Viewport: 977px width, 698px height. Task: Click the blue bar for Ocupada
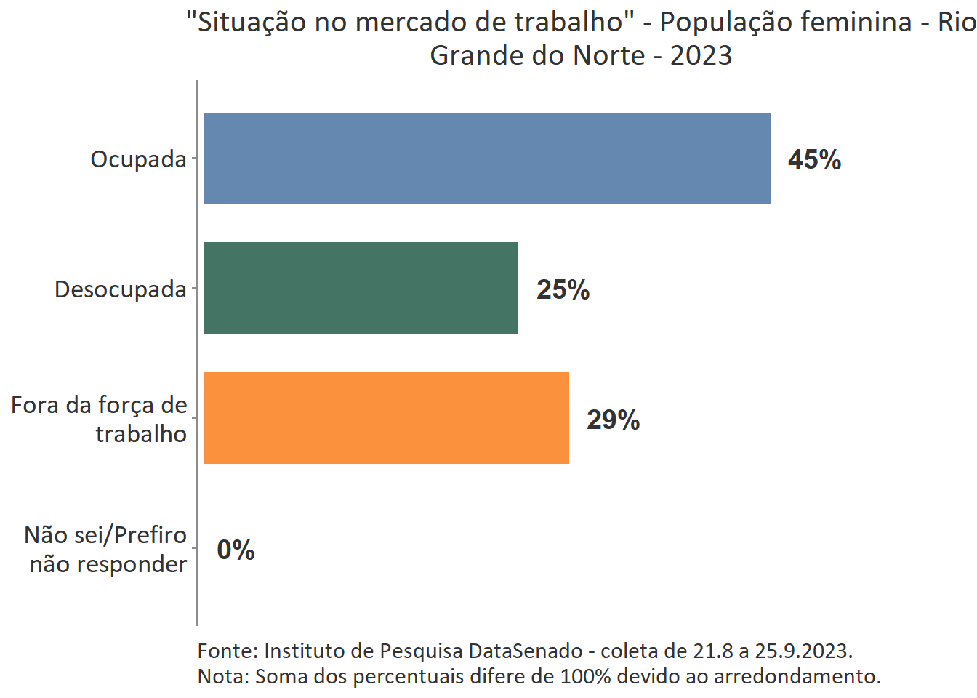pyautogui.click(x=486, y=159)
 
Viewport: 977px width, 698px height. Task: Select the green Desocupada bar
pyautogui.click(x=361, y=288)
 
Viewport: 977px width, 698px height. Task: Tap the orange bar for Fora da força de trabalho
pyautogui.click(x=386, y=418)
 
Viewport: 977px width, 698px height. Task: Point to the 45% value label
pyautogui.click(x=814, y=160)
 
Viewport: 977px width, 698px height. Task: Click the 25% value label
pyautogui.click(x=563, y=290)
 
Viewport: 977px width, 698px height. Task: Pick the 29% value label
pyautogui.click(x=613, y=420)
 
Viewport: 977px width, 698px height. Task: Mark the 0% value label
pyautogui.click(x=236, y=550)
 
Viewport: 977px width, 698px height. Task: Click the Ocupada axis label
pyautogui.click(x=138, y=159)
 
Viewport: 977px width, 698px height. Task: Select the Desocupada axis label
pyautogui.click(x=121, y=289)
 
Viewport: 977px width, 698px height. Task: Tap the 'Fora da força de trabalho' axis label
pyautogui.click(x=100, y=419)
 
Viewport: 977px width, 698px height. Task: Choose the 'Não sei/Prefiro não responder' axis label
pyautogui.click(x=106, y=550)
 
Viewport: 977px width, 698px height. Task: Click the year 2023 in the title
pyautogui.click(x=701, y=55)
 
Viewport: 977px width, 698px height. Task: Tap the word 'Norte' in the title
pyautogui.click(x=608, y=55)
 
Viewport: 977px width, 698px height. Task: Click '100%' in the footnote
pyautogui.click(x=586, y=676)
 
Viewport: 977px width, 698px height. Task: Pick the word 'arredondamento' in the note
pyautogui.click(x=797, y=676)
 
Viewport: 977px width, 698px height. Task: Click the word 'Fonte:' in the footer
pyautogui.click(x=228, y=651)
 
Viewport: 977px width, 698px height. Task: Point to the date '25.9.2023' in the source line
pyautogui.click(x=803, y=651)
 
